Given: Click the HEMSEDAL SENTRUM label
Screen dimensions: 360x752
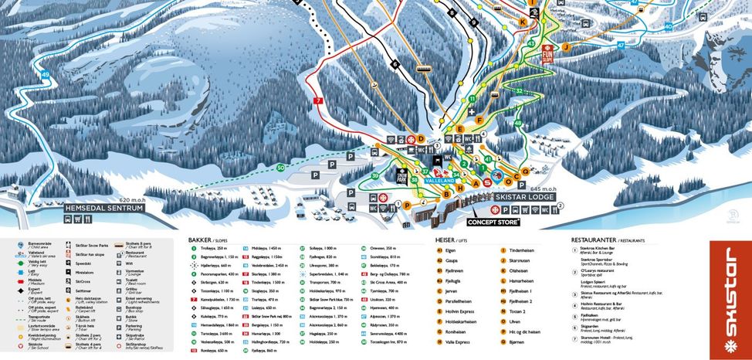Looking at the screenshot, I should [104, 208].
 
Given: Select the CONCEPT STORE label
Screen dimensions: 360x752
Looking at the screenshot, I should [493, 222].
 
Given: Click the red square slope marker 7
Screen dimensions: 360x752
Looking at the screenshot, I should [318, 101].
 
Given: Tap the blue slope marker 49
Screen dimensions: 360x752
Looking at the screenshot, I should [46, 74].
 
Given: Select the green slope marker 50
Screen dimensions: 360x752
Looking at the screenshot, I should [281, 168].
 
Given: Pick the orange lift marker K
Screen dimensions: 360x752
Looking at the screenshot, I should [523, 22].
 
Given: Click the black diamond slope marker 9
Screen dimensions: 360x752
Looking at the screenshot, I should [473, 22].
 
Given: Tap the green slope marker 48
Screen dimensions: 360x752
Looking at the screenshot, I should [517, 123].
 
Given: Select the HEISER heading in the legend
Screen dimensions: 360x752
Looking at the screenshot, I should [449, 240].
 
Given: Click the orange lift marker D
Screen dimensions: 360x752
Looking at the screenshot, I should [421, 139].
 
